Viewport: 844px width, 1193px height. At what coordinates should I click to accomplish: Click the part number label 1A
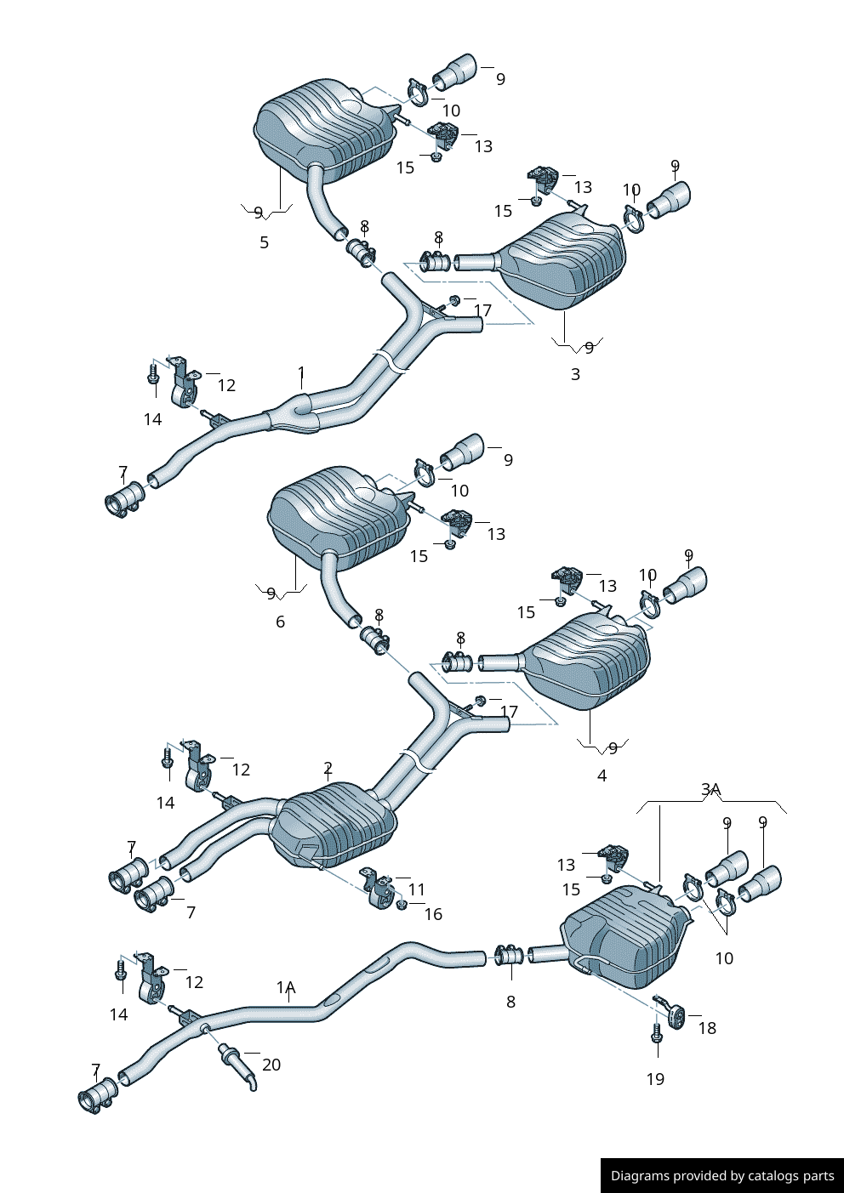[x=285, y=987]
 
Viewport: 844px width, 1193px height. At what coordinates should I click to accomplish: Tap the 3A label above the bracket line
[x=710, y=790]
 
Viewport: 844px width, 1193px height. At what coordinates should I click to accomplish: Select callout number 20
[x=271, y=1065]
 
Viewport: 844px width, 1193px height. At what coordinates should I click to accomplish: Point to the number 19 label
[x=654, y=1079]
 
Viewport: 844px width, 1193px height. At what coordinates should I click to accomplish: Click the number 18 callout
[x=707, y=1028]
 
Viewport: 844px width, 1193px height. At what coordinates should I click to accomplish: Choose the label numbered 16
[x=433, y=914]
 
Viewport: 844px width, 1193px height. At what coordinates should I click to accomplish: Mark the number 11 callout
[x=416, y=889]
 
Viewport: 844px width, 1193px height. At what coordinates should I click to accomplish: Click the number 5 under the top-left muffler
[x=264, y=242]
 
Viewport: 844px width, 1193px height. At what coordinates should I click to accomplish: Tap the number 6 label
[x=280, y=622]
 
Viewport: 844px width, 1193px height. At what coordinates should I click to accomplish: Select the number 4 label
[x=602, y=775]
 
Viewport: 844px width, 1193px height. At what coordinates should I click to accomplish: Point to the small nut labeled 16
[x=402, y=904]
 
